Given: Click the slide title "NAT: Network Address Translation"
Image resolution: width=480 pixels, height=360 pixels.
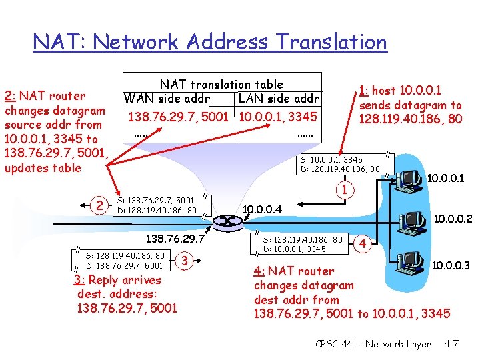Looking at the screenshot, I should point(210,42).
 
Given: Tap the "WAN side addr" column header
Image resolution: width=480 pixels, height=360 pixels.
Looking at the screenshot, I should point(167,99).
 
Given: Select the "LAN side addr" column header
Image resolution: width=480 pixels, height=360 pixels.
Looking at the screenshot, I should point(279,99).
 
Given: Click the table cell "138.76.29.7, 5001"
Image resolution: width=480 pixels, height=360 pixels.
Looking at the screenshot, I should point(179,117).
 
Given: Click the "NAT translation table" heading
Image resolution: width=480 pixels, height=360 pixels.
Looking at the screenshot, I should point(221,85).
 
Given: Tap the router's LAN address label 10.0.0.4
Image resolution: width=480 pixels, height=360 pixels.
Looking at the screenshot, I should point(263,209).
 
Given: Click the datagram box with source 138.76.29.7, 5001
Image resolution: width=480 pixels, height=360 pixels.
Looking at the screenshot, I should point(157,205).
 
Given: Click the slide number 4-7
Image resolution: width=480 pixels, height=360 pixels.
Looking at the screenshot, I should point(451,344).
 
